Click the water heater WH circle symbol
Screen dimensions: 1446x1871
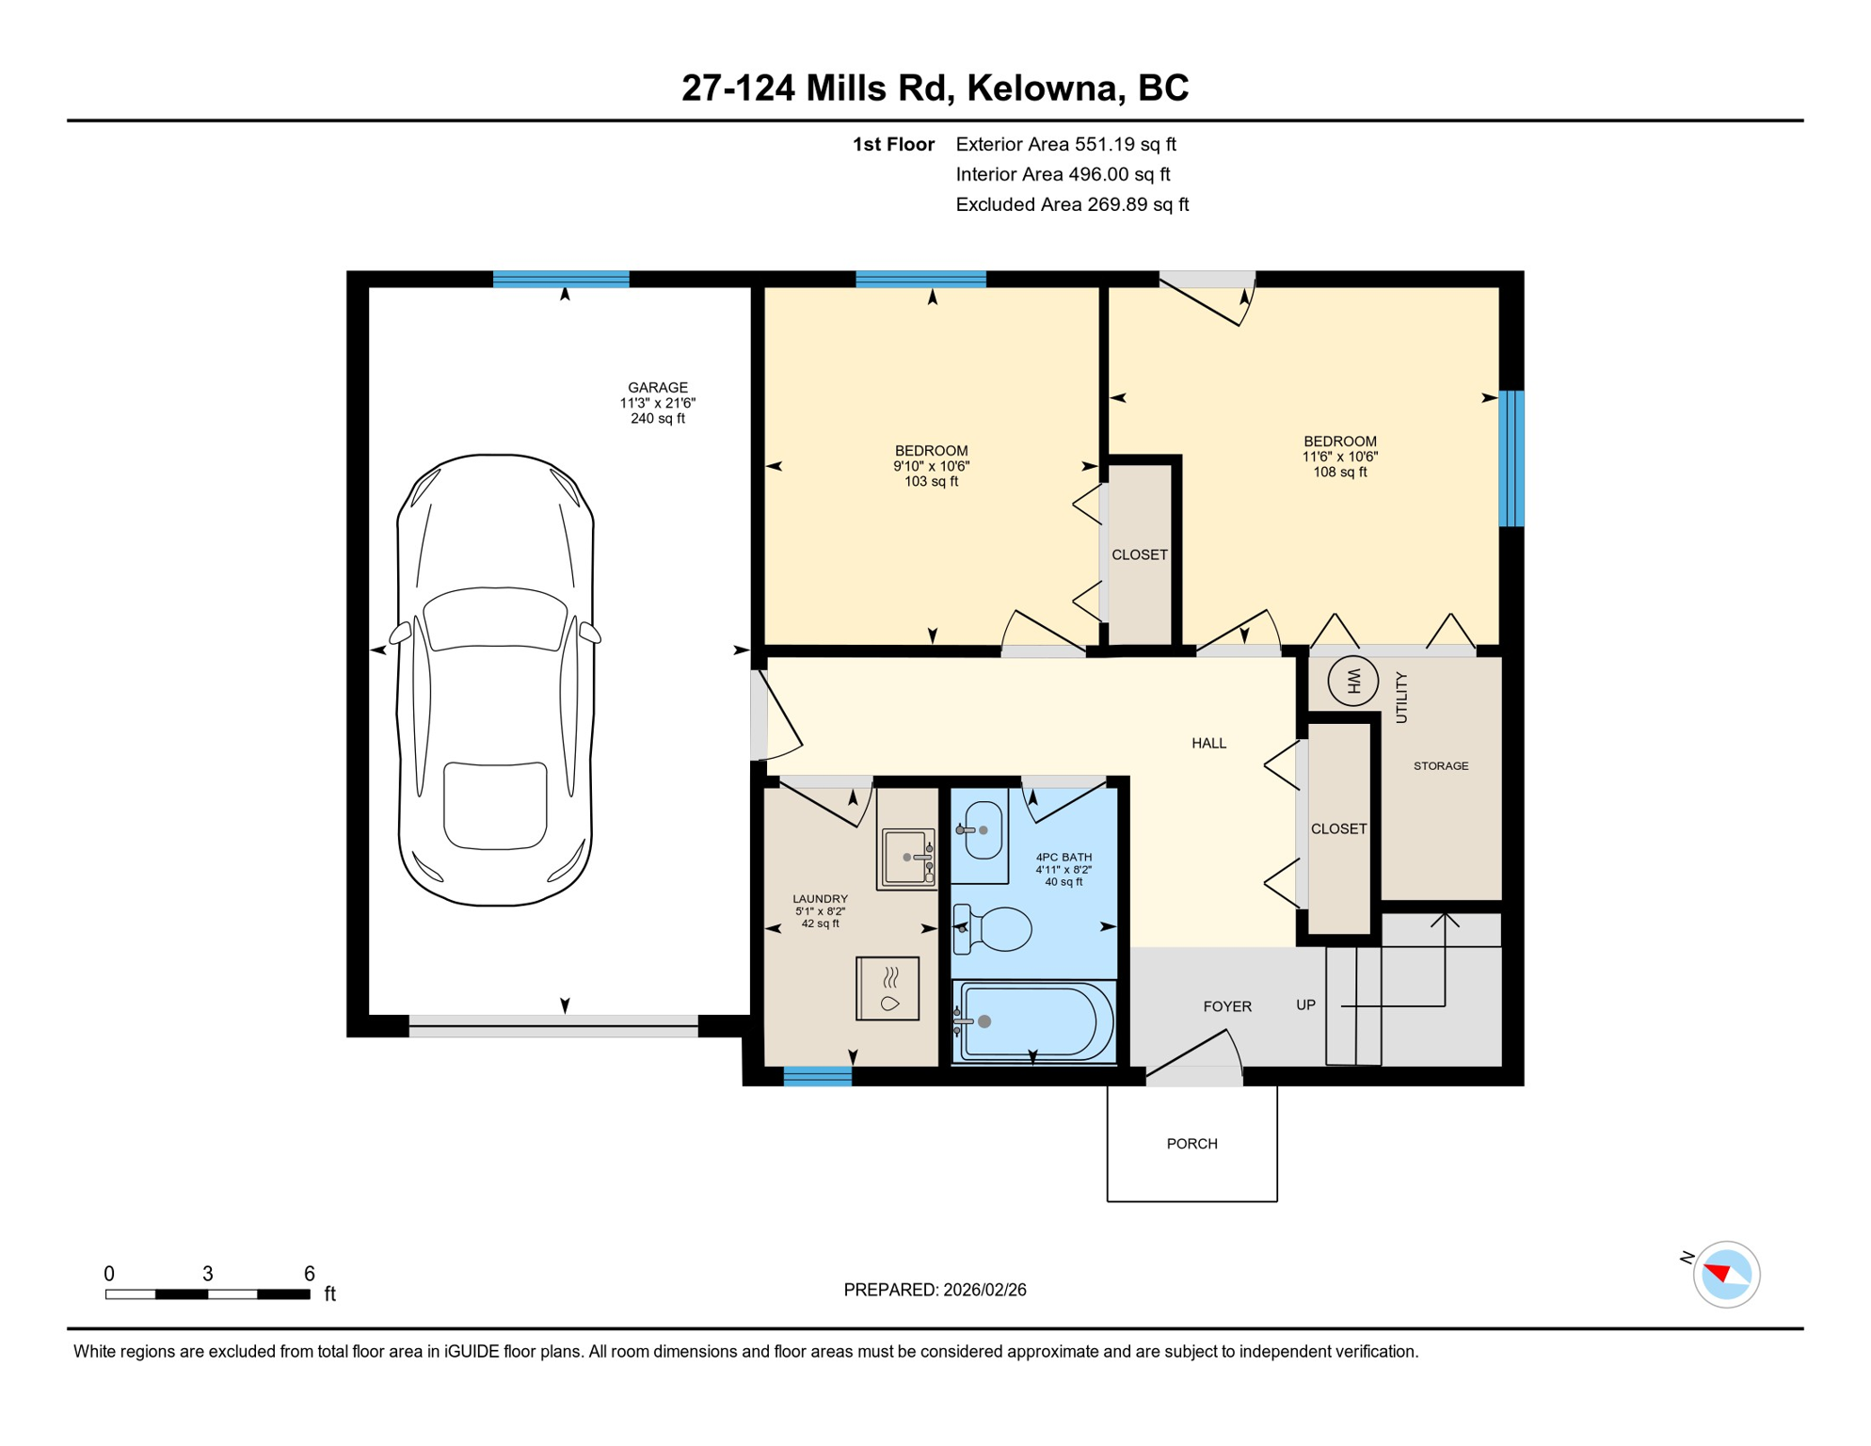coord(1352,680)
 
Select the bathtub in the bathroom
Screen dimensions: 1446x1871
coord(1033,1021)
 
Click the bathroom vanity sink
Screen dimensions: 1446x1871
coord(983,830)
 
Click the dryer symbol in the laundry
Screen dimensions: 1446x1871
coord(888,988)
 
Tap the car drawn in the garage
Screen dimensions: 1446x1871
coord(496,680)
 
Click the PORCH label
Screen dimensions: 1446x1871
coord(1191,1144)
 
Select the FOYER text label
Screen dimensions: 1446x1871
coord(1227,1006)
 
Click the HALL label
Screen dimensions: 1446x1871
coord(1208,743)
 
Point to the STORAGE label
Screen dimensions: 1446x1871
coord(1441,766)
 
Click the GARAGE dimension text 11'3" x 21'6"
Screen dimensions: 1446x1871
coord(657,403)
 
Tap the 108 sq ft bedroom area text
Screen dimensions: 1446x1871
coord(1339,472)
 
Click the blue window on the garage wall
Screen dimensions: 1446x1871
coord(561,279)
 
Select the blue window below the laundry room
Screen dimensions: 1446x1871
coord(817,1077)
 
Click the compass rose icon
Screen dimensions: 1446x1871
coord(1725,1275)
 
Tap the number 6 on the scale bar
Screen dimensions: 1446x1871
coord(309,1274)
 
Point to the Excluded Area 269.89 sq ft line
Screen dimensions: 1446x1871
coord(1071,204)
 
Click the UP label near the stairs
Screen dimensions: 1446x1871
coord(1305,1004)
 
